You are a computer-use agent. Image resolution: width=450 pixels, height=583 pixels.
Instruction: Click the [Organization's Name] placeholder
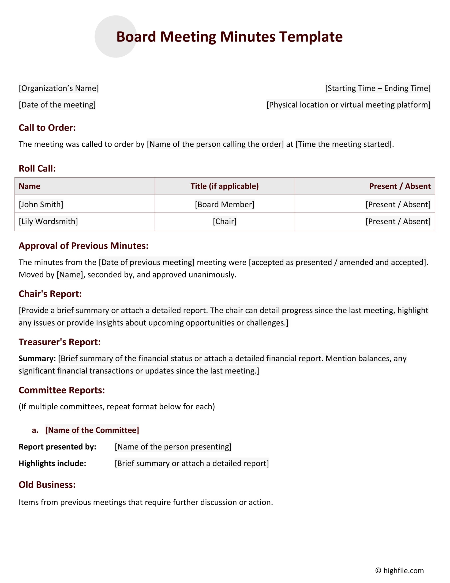pos(59,88)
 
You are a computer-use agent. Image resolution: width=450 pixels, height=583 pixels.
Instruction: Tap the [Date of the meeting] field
pos(57,105)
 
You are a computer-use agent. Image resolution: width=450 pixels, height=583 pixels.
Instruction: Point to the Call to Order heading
pos(47,128)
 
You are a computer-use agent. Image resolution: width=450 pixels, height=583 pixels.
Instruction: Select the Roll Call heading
pos(37,168)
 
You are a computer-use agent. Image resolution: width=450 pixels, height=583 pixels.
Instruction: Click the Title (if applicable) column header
pos(225,186)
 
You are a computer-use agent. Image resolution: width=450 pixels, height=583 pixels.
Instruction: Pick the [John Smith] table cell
pos(41,205)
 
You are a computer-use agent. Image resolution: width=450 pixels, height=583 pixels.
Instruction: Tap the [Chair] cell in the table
pos(225,221)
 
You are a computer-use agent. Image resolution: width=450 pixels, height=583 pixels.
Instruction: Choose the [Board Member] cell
pos(225,205)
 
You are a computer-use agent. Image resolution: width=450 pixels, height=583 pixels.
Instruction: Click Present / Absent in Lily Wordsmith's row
pos(398,221)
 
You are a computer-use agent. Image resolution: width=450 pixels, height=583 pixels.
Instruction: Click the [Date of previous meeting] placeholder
pos(147,262)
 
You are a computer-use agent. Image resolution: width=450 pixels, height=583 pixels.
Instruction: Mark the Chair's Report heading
pos(50,294)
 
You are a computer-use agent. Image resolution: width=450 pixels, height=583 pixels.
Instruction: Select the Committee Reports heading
pos(62,390)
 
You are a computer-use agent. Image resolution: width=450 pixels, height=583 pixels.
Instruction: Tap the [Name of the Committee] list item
pos(92,430)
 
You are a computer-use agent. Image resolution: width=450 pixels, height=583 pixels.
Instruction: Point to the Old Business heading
pos(47,484)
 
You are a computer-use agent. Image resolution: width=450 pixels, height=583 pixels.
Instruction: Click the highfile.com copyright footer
pos(399,571)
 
